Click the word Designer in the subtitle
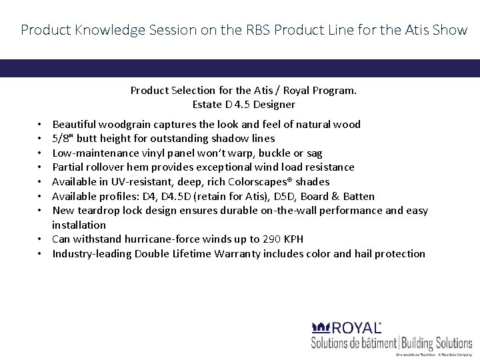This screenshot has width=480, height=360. (x=272, y=104)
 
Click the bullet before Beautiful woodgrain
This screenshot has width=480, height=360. (x=41, y=125)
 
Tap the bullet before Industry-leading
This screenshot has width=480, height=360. (x=41, y=254)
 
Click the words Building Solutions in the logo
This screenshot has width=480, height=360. (x=436, y=343)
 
